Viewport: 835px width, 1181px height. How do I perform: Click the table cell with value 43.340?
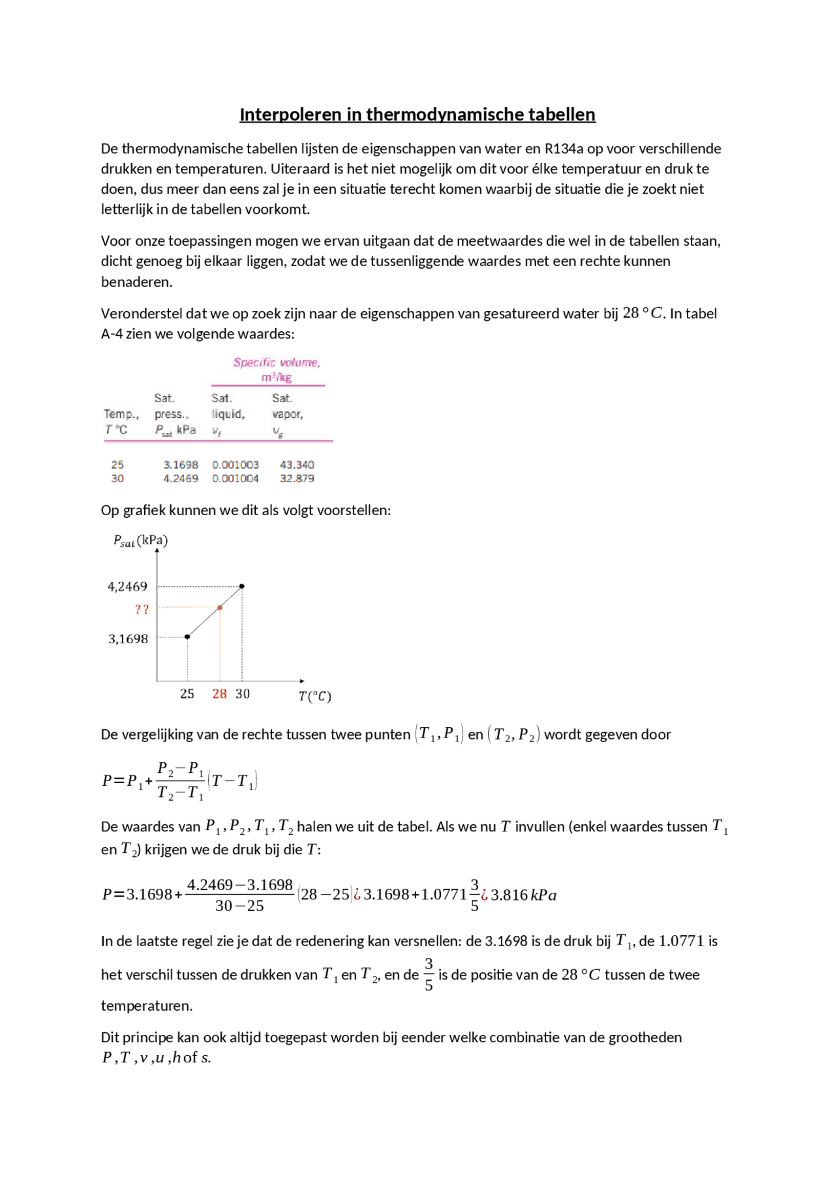pos(297,465)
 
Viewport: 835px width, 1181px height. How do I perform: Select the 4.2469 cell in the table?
pos(181,479)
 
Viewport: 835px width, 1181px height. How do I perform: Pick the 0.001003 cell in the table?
pos(235,465)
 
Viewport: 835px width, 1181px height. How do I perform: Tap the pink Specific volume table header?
pos(277,363)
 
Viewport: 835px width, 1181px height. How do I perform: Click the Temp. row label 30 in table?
pos(117,479)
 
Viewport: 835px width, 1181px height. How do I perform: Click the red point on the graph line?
pos(220,608)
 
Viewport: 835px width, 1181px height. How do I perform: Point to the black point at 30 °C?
pos(242,586)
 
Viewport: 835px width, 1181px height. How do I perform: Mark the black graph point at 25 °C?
pos(187,636)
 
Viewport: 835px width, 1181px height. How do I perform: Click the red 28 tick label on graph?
pos(219,694)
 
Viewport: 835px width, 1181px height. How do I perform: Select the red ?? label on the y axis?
pos(142,610)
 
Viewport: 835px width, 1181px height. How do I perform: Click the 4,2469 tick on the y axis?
pos(127,586)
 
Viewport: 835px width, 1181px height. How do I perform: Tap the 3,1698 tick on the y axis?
pos(128,639)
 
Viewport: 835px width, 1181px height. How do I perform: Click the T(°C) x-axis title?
pos(314,696)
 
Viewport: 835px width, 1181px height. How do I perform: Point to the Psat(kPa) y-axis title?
pos(140,541)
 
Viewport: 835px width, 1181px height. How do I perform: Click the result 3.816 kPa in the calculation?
pos(523,895)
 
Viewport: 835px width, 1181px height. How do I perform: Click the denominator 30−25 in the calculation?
pos(239,906)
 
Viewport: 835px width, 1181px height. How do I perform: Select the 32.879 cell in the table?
pos(297,479)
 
